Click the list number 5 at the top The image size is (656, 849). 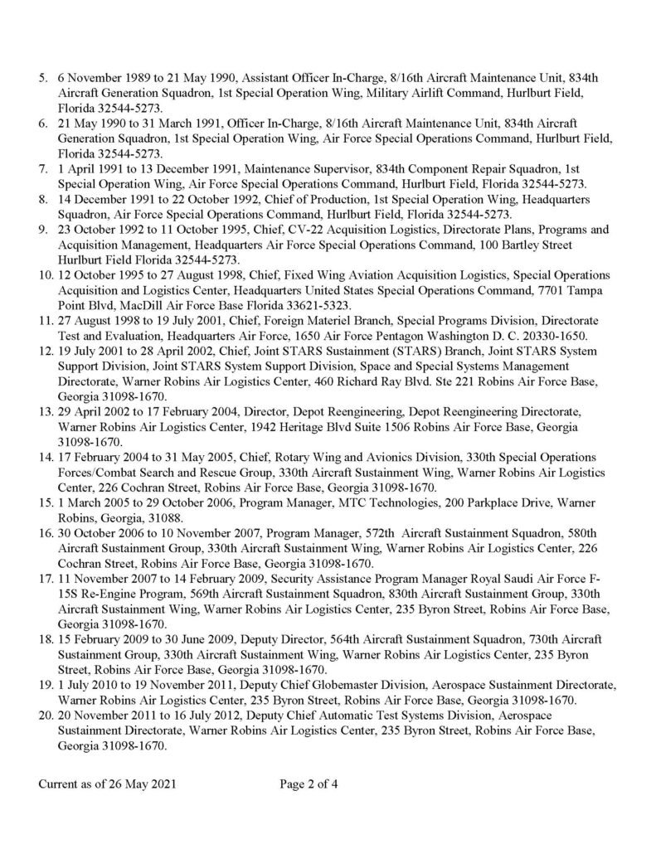pos(43,77)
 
